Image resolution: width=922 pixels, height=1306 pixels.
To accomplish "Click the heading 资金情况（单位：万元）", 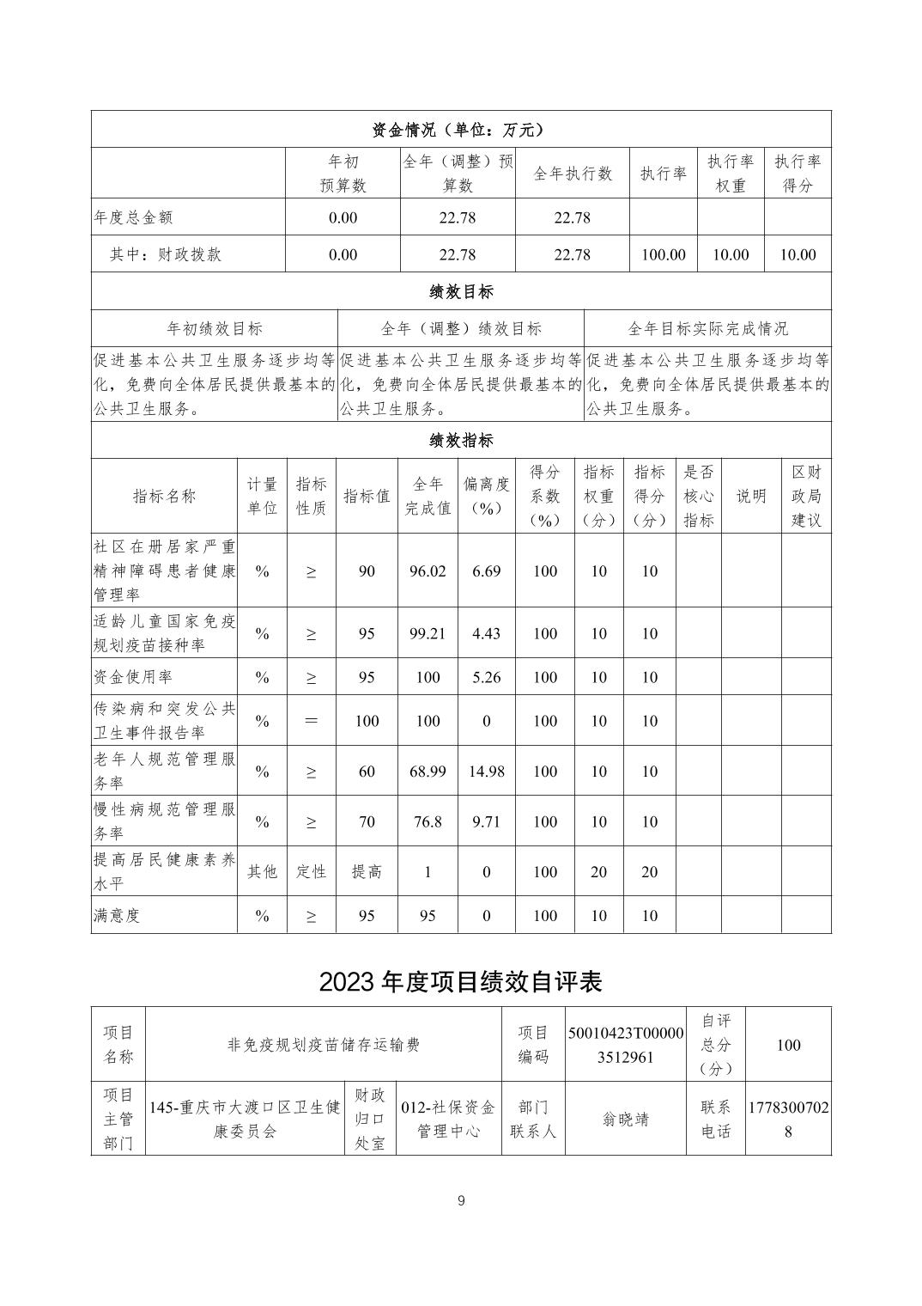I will click(x=460, y=130).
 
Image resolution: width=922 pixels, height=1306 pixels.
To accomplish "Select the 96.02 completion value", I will click(x=428, y=571).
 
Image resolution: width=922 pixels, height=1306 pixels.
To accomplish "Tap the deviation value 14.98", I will click(x=486, y=772).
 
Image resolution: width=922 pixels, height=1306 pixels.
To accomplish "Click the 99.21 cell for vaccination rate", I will click(x=428, y=634).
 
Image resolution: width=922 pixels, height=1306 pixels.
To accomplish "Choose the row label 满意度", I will click(x=117, y=916).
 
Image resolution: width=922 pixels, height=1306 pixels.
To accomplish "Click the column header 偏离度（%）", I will click(x=486, y=496).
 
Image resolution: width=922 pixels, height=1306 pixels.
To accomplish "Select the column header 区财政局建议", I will click(x=805, y=496).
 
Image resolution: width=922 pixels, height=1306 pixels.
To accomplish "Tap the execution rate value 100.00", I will click(x=663, y=254).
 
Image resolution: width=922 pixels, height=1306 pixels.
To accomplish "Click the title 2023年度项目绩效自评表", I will click(x=460, y=982).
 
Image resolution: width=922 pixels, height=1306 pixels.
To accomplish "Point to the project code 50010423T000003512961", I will click(x=626, y=1045).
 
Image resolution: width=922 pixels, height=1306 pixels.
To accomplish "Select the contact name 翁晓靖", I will click(x=626, y=1120).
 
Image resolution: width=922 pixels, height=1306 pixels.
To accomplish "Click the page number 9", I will click(x=461, y=1200).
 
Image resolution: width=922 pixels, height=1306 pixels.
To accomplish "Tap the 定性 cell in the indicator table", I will click(x=311, y=871).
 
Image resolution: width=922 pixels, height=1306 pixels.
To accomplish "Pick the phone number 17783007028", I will click(x=788, y=1120).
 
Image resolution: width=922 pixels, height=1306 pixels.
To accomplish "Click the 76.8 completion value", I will click(x=428, y=821).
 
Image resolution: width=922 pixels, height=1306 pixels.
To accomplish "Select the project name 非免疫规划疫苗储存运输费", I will click(x=324, y=1045).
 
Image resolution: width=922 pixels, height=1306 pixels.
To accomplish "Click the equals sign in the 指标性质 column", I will click(x=311, y=721).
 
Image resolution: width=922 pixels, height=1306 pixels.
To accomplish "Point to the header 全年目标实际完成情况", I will click(x=707, y=328).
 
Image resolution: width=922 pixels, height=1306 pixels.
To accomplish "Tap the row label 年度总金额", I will click(x=133, y=217).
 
